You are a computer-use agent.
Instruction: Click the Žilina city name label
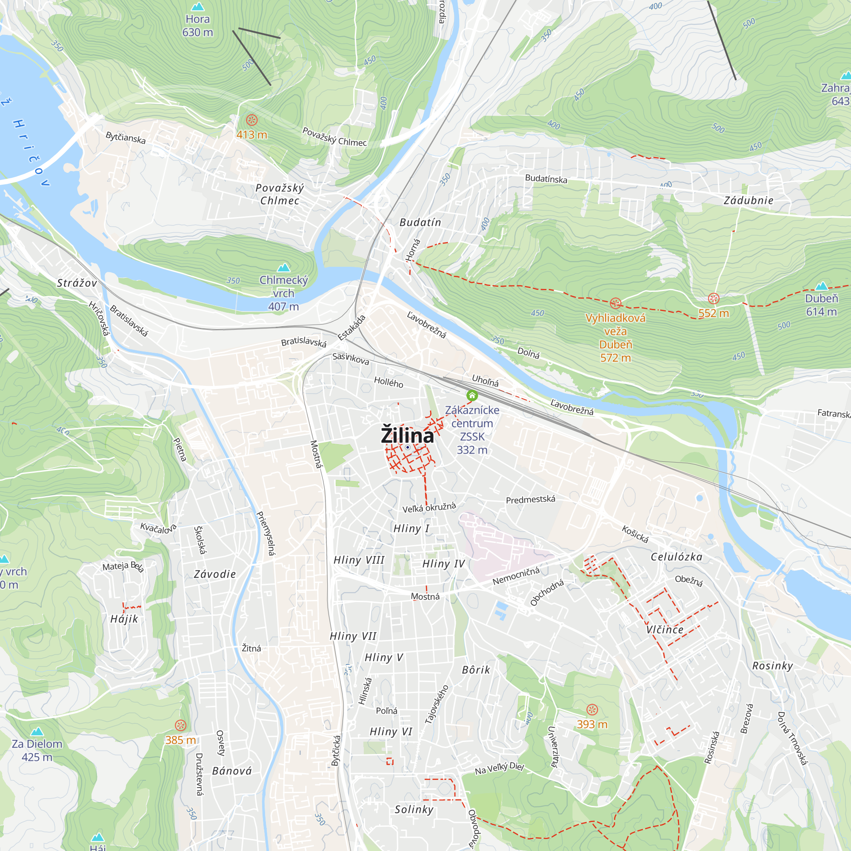point(407,435)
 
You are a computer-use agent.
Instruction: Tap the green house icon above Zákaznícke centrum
point(472,395)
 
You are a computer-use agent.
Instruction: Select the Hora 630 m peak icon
point(198,7)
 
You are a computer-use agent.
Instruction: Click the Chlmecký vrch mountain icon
point(284,267)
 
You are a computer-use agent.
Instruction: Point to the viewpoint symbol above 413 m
point(251,120)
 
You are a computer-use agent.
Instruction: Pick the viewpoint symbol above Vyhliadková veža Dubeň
point(615,303)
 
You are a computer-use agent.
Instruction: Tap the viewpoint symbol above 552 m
point(714,299)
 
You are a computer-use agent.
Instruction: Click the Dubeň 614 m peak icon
point(822,286)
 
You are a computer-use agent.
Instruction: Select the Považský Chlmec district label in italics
point(280,194)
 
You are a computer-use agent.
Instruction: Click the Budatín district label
point(420,223)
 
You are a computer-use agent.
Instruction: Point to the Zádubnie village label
point(749,200)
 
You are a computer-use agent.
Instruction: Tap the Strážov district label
point(77,283)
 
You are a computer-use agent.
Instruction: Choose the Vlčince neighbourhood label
point(665,629)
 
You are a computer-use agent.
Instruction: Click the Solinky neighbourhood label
point(414,809)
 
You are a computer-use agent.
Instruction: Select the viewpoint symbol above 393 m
point(592,709)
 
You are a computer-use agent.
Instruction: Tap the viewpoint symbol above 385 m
point(180,725)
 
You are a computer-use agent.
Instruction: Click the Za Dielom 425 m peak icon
point(37,731)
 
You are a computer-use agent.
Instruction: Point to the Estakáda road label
point(351,327)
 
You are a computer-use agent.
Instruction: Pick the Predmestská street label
point(530,500)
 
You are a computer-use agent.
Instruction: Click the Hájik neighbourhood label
point(124,619)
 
